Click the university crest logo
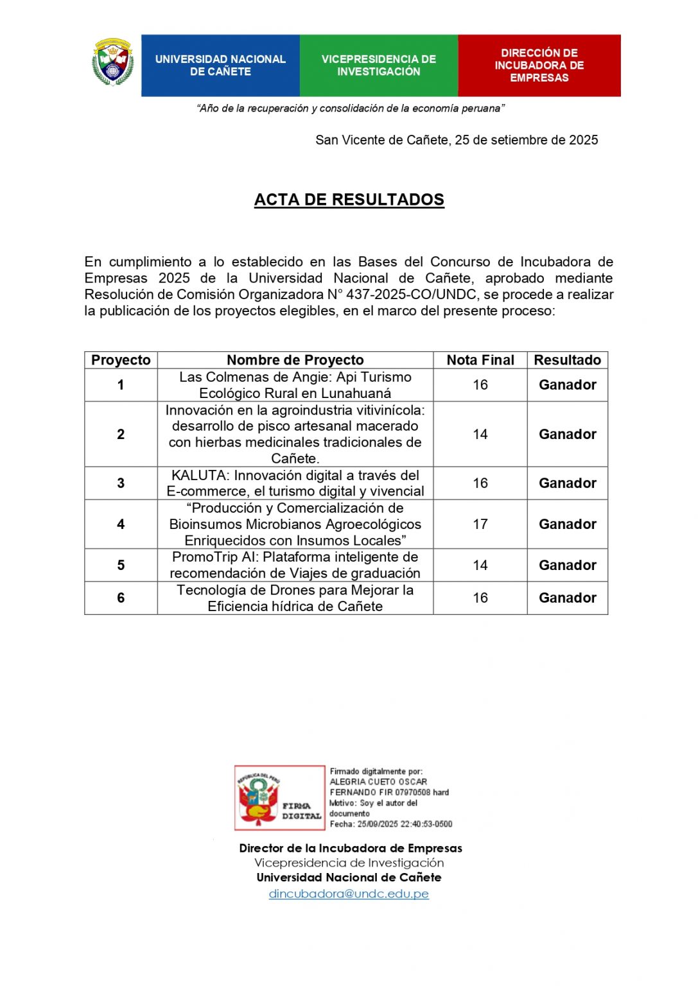coord(113,62)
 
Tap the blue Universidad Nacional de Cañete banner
coord(220,65)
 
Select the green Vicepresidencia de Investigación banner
coord(379,65)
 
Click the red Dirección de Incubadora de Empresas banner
coord(539,65)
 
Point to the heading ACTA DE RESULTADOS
coord(349,200)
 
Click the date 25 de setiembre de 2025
coord(527,140)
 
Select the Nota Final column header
coord(480,360)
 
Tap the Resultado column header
coord(567,360)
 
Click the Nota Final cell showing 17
coord(480,524)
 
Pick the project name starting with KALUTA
coord(295,483)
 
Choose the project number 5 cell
coord(121,566)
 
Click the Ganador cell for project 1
coord(567,385)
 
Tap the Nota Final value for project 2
coord(480,435)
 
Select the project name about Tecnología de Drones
coord(295,598)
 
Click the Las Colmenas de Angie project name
coord(295,385)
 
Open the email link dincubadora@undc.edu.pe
coord(349,894)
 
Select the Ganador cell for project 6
coord(567,598)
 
